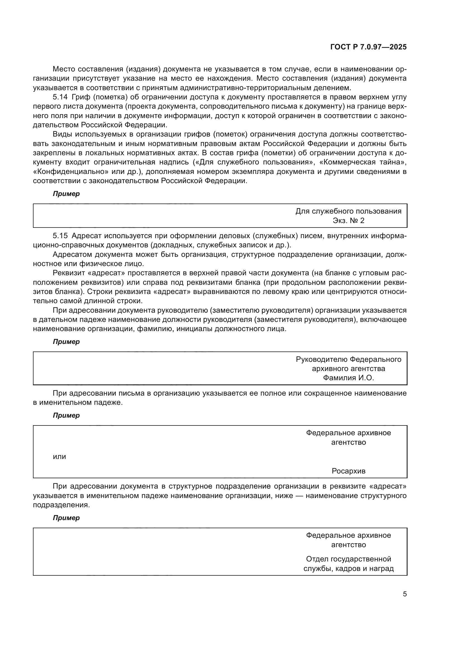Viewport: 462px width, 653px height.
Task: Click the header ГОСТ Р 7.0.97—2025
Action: point(368,47)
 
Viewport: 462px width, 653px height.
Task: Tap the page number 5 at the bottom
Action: point(404,594)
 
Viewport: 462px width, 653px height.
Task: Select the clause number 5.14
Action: point(60,97)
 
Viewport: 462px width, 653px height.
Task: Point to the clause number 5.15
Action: point(60,236)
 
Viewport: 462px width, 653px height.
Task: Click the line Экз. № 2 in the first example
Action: point(348,221)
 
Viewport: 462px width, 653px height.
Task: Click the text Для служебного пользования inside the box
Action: point(348,211)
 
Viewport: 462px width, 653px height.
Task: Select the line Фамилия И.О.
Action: point(348,378)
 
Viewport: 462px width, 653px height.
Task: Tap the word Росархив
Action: point(348,471)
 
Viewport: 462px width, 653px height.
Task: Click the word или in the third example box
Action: point(59,456)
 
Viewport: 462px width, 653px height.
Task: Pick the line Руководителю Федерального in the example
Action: point(348,360)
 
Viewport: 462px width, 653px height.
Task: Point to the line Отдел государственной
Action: point(348,559)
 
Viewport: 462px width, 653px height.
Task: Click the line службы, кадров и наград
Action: point(348,568)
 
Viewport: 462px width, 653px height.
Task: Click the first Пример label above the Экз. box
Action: point(66,194)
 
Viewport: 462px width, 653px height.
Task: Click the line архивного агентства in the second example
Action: point(348,369)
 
